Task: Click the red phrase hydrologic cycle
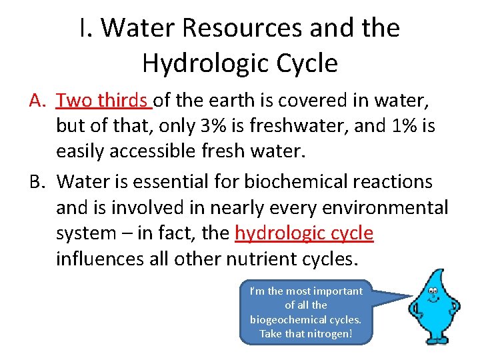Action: [305, 233]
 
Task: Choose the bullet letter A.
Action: [37, 101]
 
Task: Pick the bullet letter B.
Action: [37, 181]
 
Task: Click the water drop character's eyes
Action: [434, 291]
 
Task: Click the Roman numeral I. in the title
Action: [83, 28]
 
